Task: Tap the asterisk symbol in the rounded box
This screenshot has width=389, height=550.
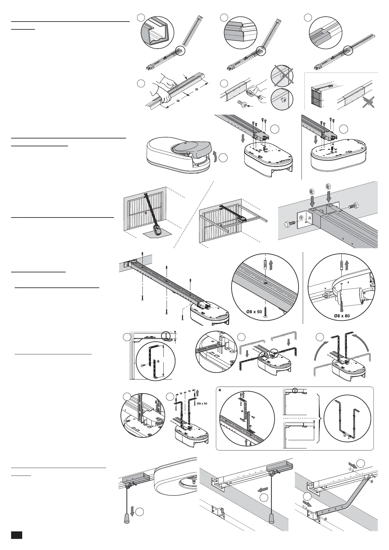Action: click(x=220, y=391)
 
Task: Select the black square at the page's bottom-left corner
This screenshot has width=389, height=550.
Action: click(x=16, y=535)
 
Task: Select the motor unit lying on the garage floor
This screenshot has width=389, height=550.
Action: click(x=158, y=231)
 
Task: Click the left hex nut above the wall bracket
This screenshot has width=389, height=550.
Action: click(x=311, y=190)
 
